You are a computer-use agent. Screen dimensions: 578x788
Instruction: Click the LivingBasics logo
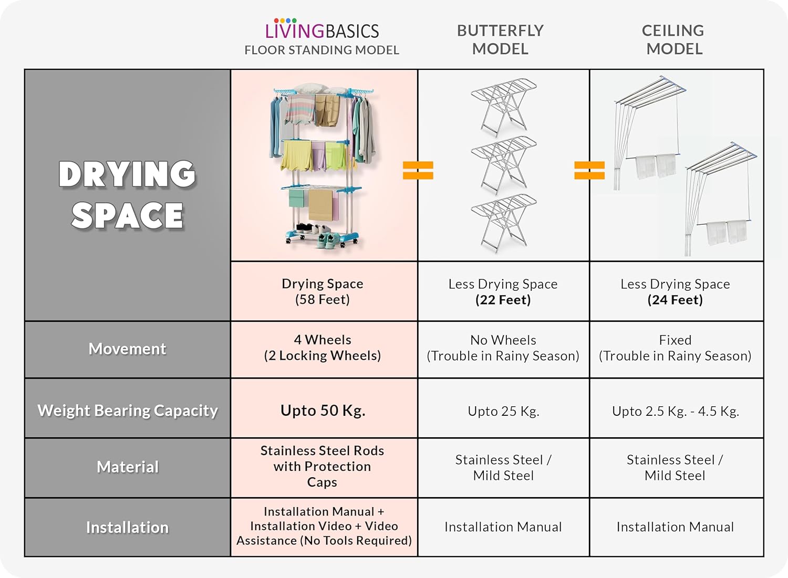point(322,30)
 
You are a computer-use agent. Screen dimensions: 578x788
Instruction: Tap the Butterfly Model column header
point(500,39)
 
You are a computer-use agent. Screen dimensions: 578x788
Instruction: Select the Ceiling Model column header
point(673,39)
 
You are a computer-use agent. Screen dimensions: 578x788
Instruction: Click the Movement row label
point(127,349)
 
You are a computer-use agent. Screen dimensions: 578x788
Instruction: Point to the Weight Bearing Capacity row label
point(127,410)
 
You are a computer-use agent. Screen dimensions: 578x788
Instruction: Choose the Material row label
point(127,467)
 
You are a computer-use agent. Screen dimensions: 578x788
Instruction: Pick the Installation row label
point(127,527)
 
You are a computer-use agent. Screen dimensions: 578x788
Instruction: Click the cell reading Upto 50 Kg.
point(323,410)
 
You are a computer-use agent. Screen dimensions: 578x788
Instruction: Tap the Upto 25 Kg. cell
point(503,411)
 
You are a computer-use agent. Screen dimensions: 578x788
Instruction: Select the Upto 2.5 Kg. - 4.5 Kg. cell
point(675,411)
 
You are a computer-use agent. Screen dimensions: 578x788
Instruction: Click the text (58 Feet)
point(323,300)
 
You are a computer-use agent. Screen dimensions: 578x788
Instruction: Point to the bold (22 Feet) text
point(503,300)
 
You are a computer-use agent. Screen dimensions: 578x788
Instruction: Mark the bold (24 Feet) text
point(675,300)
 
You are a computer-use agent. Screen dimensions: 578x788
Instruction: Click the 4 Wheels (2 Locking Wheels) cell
point(323,348)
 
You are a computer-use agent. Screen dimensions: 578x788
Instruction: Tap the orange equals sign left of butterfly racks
point(418,170)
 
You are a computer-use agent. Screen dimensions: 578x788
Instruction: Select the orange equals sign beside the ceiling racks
point(589,170)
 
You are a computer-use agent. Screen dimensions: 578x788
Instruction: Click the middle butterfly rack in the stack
point(503,164)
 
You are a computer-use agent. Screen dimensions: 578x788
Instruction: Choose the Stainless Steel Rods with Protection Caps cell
point(323,466)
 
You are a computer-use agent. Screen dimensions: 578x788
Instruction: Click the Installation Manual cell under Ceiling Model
point(675,527)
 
